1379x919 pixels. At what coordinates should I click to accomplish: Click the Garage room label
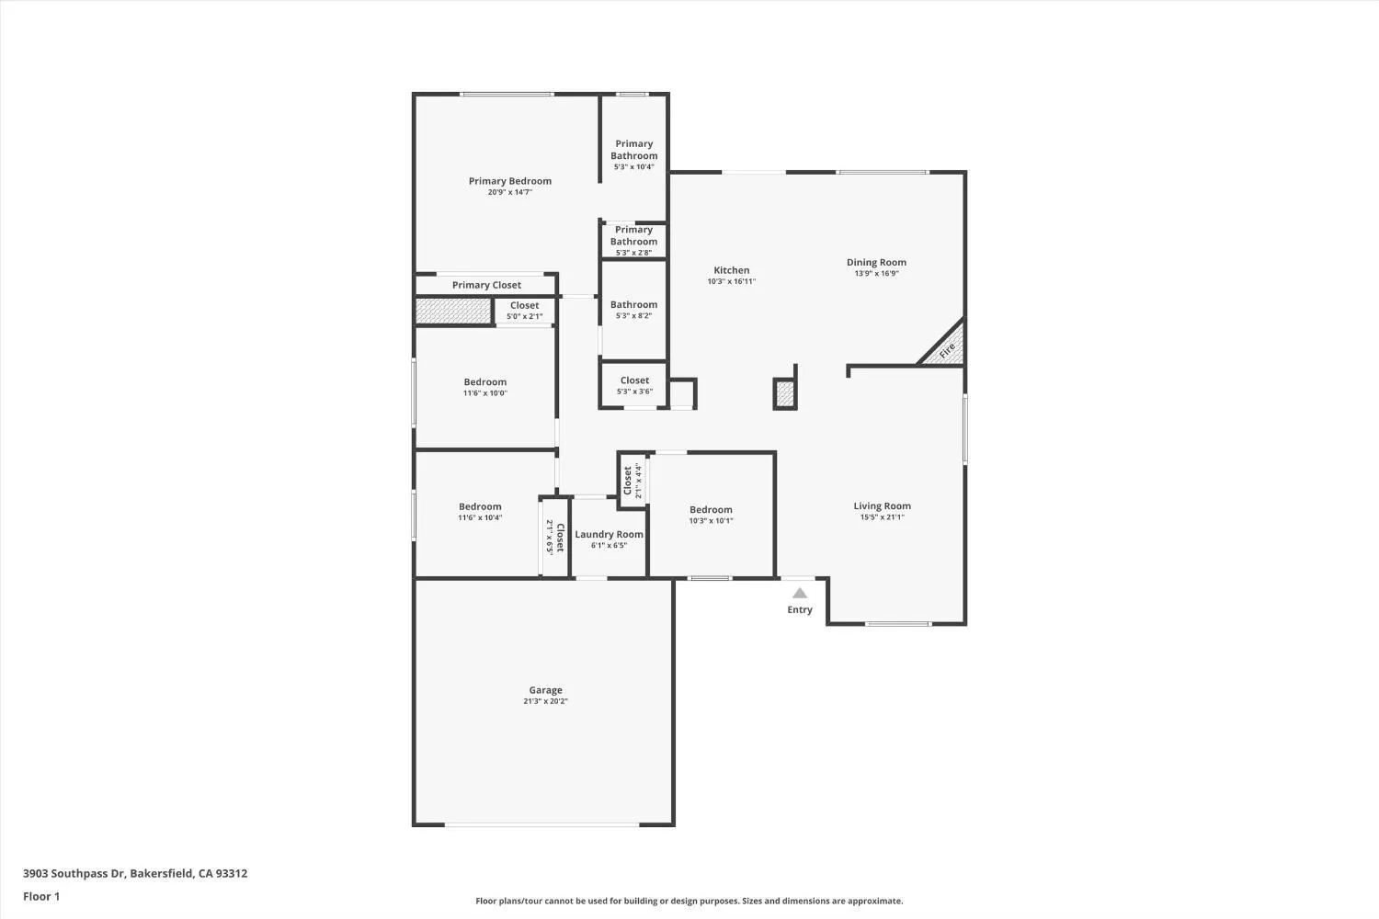point(545,690)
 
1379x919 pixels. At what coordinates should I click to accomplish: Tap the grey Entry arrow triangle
point(800,594)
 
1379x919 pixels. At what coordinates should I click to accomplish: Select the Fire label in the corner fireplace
point(947,350)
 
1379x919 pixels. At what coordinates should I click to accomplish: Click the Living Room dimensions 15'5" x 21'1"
point(882,517)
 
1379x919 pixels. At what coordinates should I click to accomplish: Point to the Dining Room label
point(876,262)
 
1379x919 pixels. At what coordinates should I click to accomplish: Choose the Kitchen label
point(731,270)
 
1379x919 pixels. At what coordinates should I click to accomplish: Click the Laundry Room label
point(609,534)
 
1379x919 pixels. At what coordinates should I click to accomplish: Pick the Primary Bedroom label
point(509,181)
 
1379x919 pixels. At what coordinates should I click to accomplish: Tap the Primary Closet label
point(486,285)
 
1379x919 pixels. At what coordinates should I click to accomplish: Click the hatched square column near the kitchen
point(784,394)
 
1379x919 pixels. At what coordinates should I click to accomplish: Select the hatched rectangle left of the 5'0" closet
point(453,311)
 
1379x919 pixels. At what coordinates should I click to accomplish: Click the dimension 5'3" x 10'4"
point(634,167)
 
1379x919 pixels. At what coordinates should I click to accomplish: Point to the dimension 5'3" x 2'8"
point(634,253)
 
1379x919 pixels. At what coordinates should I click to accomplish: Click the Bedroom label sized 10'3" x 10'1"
point(711,509)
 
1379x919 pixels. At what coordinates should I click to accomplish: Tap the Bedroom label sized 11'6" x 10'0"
point(484,381)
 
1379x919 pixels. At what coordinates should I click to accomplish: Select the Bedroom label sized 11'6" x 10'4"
point(480,506)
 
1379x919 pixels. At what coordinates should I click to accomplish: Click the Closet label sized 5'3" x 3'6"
point(634,380)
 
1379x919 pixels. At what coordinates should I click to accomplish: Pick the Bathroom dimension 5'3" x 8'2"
point(634,316)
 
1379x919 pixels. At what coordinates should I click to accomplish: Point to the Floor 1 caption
point(41,896)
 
